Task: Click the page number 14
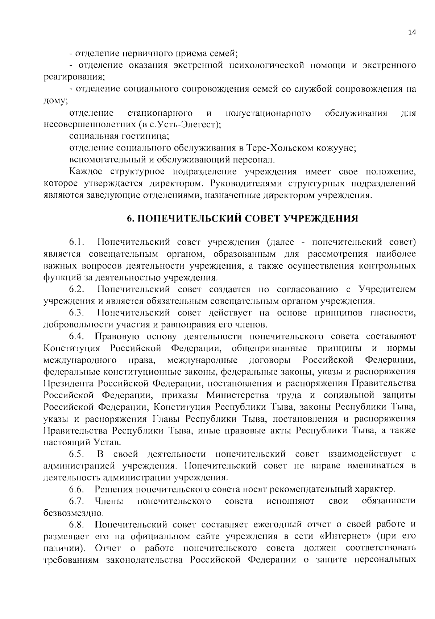[x=412, y=32]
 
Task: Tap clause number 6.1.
[x=77, y=242]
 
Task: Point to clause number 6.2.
[x=77, y=289]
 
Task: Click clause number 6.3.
[x=77, y=313]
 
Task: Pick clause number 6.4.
[x=77, y=336]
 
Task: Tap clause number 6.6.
[x=77, y=489]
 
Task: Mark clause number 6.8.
[x=77, y=524]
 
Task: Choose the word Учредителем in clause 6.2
[x=387, y=289]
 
